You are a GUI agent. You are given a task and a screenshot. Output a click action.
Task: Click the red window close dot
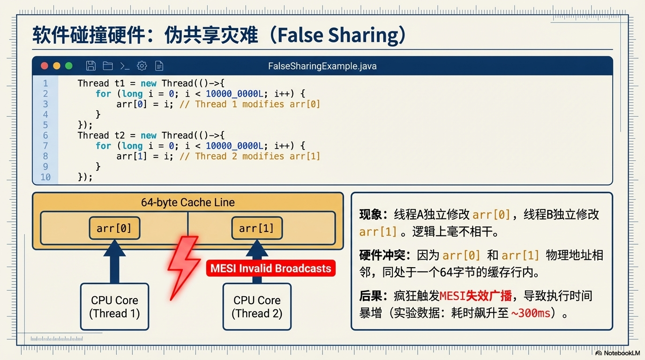(x=45, y=66)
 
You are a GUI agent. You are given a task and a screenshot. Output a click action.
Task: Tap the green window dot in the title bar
(x=69, y=66)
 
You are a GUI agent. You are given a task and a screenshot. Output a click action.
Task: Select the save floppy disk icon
(x=91, y=66)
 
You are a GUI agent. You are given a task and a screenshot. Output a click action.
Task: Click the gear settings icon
(x=142, y=66)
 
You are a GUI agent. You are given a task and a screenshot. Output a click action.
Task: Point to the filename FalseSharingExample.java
(x=322, y=66)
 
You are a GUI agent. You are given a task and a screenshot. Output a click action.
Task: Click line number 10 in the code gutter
(x=45, y=177)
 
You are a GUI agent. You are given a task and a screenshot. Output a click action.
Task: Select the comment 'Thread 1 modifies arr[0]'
(x=250, y=104)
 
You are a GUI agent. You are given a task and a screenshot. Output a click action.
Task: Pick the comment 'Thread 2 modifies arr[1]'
(x=250, y=156)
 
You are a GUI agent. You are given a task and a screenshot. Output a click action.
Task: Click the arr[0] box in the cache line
(x=114, y=228)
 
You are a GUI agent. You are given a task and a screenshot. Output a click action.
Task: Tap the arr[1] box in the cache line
(x=256, y=228)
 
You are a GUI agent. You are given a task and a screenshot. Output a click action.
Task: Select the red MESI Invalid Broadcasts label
(x=270, y=269)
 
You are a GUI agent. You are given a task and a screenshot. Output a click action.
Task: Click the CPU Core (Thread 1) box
(x=115, y=307)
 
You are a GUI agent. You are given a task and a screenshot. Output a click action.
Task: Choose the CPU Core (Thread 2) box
(x=257, y=307)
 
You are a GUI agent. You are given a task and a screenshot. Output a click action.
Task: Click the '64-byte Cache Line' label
(x=187, y=202)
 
